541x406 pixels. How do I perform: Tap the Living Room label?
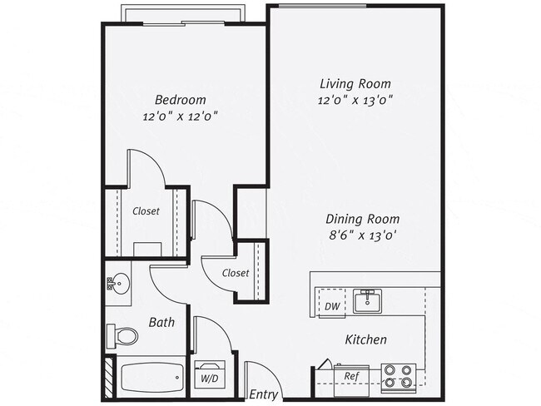pos(355,83)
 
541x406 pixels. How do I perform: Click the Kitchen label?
pos(366,339)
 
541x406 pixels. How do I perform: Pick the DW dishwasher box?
pos(331,306)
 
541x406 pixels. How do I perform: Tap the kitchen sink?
pos(367,300)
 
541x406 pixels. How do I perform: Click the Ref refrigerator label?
pos(352,376)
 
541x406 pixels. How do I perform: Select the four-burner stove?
pos(399,377)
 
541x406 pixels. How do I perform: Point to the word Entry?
pos(264,394)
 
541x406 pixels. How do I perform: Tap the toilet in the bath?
pos(124,336)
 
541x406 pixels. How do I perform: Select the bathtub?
pos(151,379)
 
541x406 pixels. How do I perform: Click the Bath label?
pos(161,321)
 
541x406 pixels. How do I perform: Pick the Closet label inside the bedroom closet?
pos(146,211)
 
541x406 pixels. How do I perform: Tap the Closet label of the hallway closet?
pos(236,273)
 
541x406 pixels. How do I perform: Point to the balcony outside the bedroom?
pos(183,14)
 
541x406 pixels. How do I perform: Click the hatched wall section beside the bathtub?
pos(108,377)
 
